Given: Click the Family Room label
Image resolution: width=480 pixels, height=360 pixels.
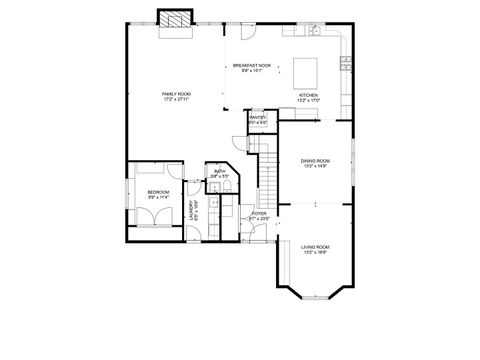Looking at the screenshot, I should point(177,93).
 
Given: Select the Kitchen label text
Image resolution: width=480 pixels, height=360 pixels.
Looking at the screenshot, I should point(307,95).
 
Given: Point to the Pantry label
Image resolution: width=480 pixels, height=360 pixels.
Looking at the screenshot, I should point(257,118).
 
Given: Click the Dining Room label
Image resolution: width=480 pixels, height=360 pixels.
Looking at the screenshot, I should point(315,160).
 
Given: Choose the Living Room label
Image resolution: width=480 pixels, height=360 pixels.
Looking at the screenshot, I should point(315,246).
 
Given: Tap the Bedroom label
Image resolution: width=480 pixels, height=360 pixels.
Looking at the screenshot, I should point(158,191).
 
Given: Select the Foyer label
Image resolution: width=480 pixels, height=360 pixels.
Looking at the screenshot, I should point(258,214).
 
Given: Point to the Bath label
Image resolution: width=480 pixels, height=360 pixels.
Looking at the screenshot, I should point(219,172).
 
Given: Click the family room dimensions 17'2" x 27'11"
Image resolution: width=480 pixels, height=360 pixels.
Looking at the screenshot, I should point(177,99).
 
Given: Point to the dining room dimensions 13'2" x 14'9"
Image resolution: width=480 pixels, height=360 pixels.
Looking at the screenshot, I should point(315,166).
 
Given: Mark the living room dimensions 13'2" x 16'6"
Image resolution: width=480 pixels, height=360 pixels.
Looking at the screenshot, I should point(315,252).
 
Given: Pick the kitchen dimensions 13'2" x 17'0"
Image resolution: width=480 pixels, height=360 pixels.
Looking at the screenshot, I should point(307,101).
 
